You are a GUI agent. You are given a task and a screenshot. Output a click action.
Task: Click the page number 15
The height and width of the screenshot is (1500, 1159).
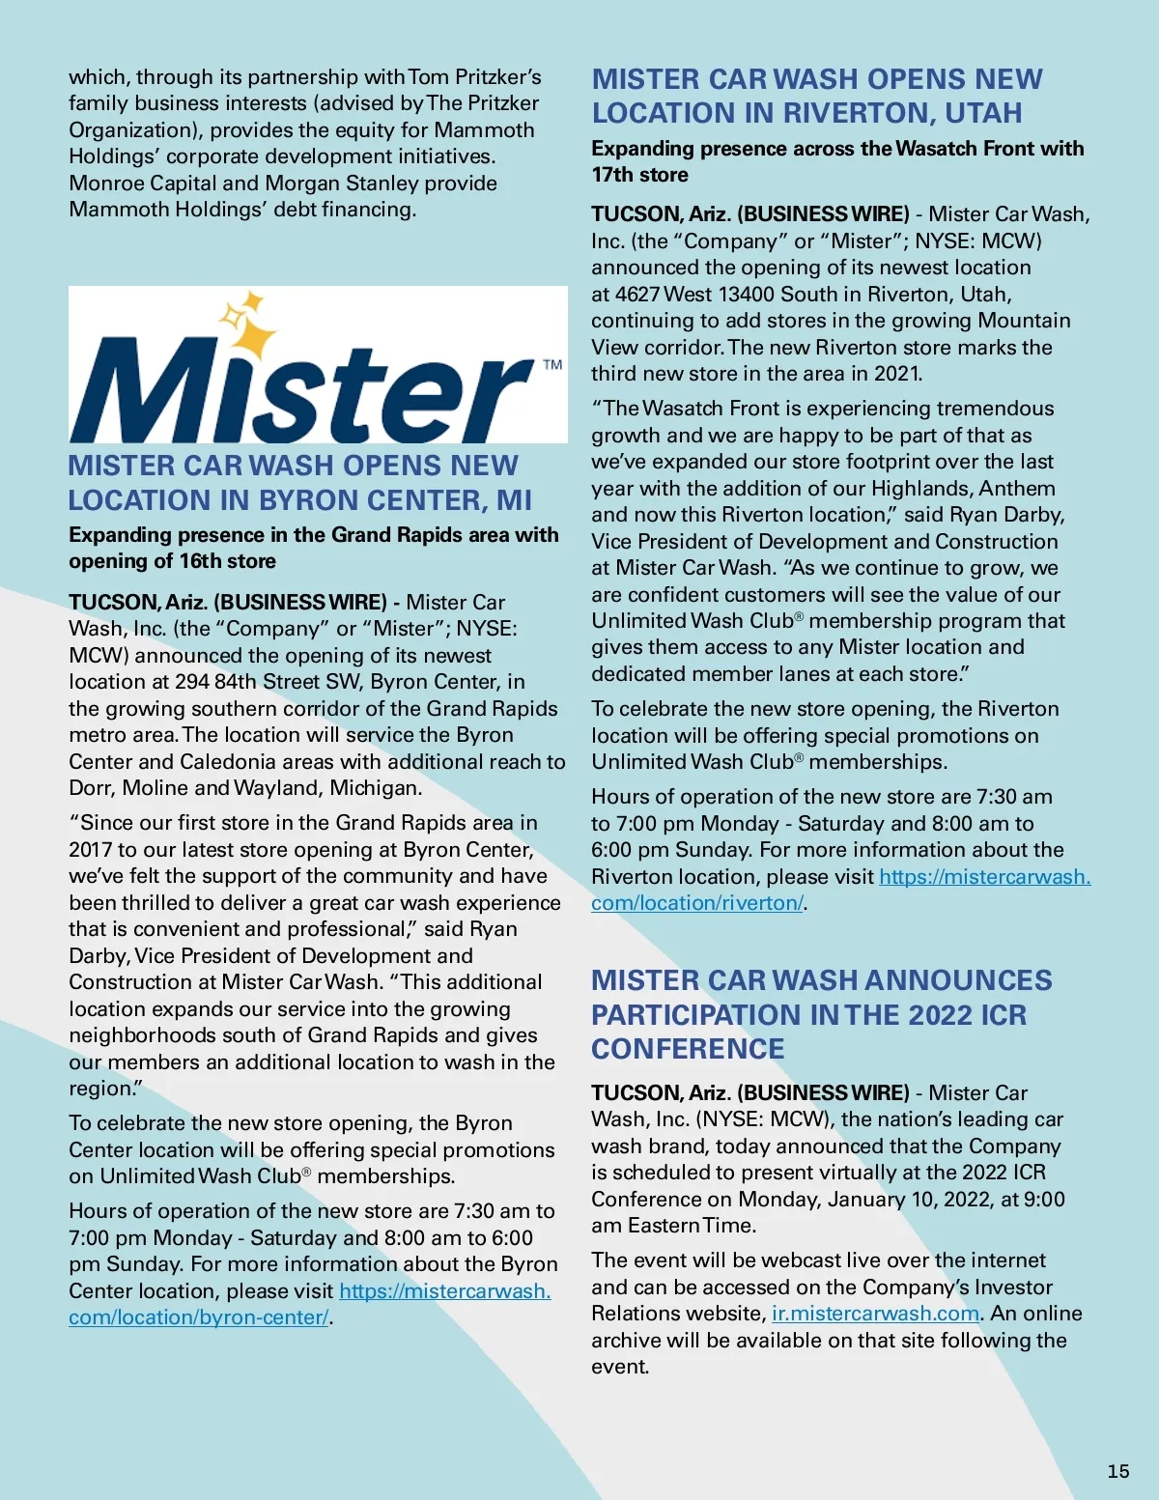tap(1117, 1471)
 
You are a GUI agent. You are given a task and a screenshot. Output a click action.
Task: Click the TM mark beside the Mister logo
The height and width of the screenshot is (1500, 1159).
tap(552, 365)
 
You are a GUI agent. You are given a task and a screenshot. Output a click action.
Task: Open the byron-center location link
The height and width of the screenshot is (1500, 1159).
tap(198, 1317)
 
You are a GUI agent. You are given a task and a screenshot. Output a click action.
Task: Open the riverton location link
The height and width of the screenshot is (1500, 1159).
tap(697, 903)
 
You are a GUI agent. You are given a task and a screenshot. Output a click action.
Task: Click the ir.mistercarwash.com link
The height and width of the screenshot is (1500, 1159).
tap(875, 1314)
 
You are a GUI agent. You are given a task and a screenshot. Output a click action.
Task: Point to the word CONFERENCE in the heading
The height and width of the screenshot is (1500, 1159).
tap(688, 1049)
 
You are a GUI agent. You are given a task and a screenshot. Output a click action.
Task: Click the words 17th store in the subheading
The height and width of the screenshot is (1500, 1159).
tap(639, 175)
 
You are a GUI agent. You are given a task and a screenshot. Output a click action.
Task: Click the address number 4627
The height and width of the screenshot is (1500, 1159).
tap(636, 294)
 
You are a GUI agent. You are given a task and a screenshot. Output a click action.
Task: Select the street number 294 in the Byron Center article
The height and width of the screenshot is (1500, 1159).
tap(192, 682)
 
